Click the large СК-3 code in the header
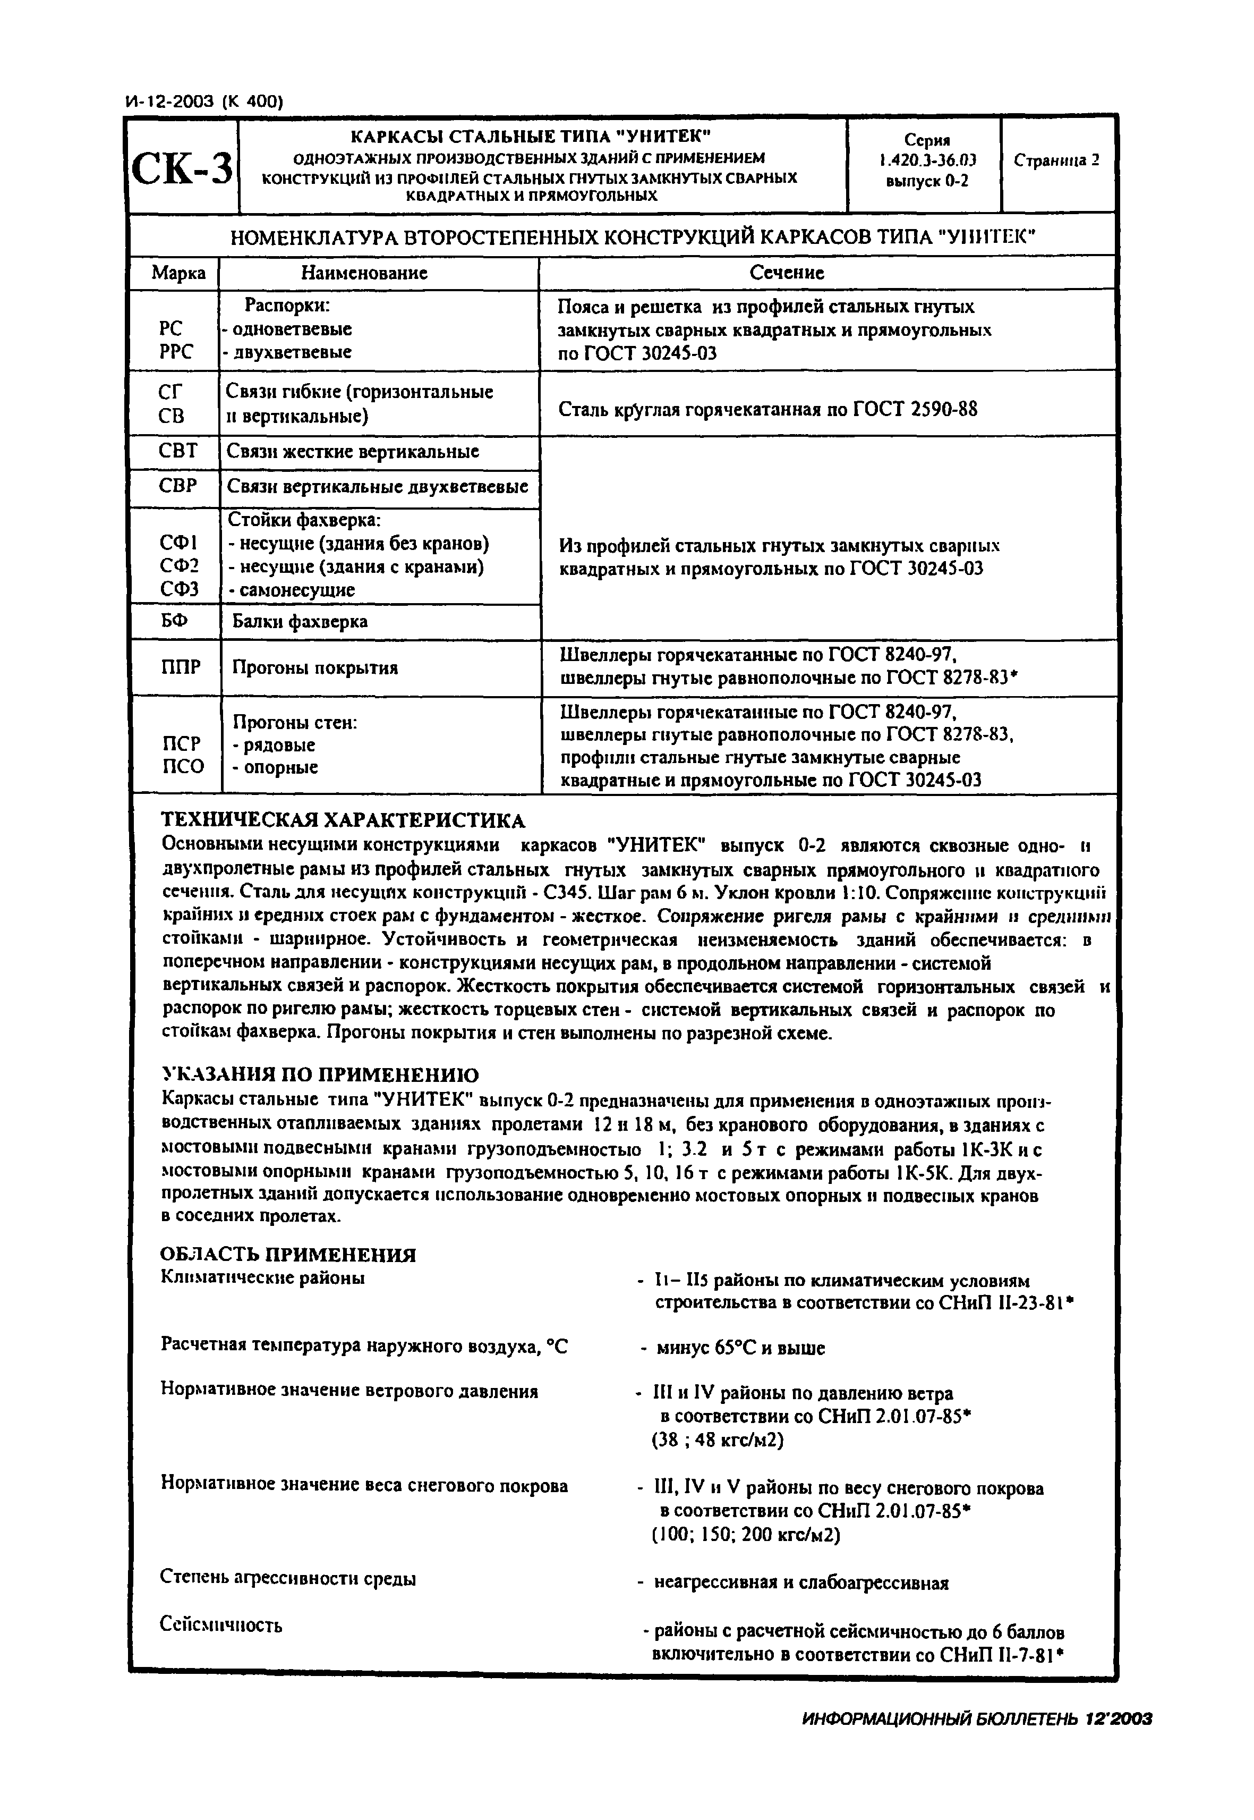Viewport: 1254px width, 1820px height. point(182,167)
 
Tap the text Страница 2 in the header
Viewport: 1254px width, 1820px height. point(1057,160)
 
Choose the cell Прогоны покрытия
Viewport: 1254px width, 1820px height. point(315,668)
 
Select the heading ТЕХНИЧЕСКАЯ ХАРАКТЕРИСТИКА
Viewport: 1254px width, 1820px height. point(343,821)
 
